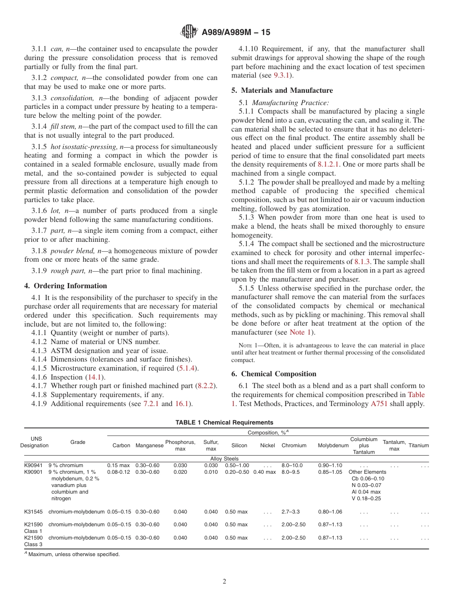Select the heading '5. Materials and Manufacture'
tap(282, 90)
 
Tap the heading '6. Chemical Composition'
tap(274, 374)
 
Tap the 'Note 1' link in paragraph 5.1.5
tap(301, 332)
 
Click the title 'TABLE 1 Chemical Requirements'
tap(224, 423)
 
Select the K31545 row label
tap(34, 512)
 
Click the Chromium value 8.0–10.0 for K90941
tap(292, 466)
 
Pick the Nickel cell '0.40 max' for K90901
tap(265, 472)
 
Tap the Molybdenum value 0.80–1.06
tap(330, 512)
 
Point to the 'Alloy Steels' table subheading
tap(224, 459)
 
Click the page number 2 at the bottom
tap(224, 582)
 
